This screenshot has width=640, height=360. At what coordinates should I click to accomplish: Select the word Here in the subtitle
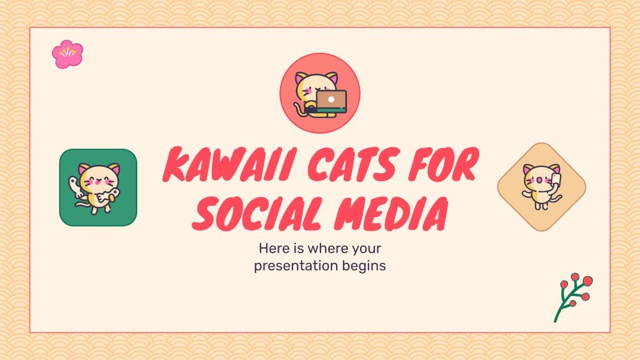pyautogui.click(x=272, y=249)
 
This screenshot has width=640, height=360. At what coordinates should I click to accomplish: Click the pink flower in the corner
pyautogui.click(x=67, y=54)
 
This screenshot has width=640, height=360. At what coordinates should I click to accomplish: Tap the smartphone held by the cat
pyautogui.click(x=556, y=181)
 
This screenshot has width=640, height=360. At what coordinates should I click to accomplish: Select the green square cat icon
pyautogui.click(x=98, y=187)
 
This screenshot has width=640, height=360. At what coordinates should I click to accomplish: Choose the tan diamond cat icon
pyautogui.click(x=542, y=187)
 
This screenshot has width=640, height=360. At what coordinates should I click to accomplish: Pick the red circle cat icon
pyautogui.click(x=319, y=93)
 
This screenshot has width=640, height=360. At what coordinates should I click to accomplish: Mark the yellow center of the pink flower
pyautogui.click(x=67, y=52)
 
